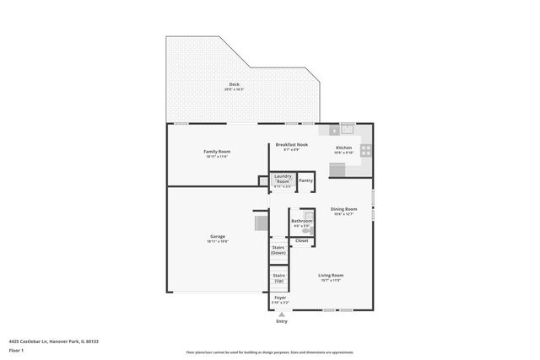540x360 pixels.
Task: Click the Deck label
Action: tap(234, 84)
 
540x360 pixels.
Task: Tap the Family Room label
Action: tap(217, 151)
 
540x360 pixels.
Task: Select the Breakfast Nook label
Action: tap(292, 145)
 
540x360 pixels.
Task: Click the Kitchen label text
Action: tap(343, 148)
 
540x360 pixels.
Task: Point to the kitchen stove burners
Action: tap(366, 151)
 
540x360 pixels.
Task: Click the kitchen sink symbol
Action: tap(346, 129)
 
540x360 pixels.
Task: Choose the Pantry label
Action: tap(305, 180)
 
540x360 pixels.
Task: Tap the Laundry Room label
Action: tap(283, 179)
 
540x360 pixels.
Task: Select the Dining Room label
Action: tap(343, 208)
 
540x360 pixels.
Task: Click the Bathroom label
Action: tap(301, 220)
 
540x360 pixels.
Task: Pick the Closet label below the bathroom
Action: tap(301, 241)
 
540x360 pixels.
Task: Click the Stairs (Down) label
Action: tap(278, 250)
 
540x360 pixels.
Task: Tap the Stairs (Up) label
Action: tap(278, 277)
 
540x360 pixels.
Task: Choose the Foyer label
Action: tap(281, 298)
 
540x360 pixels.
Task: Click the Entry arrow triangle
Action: tap(281, 314)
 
